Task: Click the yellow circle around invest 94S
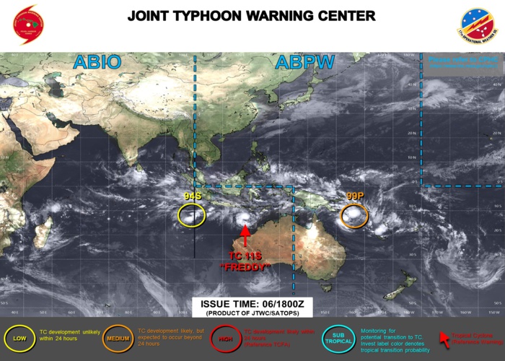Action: pos(192,214)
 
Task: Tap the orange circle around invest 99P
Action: pos(354,215)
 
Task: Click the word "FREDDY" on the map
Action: pos(245,268)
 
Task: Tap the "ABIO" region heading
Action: pos(97,63)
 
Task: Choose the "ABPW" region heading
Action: pos(304,63)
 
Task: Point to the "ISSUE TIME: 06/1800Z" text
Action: pos(252,304)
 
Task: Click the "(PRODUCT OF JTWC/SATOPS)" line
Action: pos(252,314)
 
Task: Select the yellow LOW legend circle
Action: pos(21,338)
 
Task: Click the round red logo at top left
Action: pos(28,25)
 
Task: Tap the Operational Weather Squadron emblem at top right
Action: pos(477,25)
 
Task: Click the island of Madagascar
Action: pos(43,235)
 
